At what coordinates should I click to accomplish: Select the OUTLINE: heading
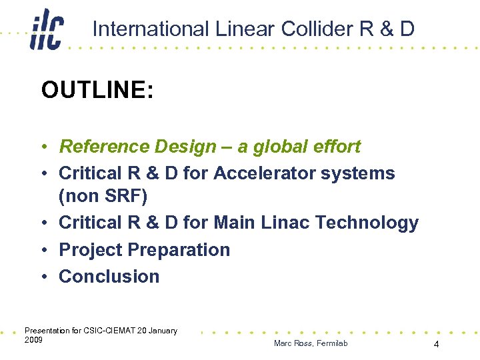coord(97,90)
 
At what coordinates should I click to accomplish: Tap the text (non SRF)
coord(104,196)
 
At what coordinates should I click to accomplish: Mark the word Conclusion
coord(109,277)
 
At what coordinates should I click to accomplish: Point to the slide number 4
coord(436,345)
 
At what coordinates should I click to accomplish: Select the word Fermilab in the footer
coord(331,343)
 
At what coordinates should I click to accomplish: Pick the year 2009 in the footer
coord(33,340)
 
